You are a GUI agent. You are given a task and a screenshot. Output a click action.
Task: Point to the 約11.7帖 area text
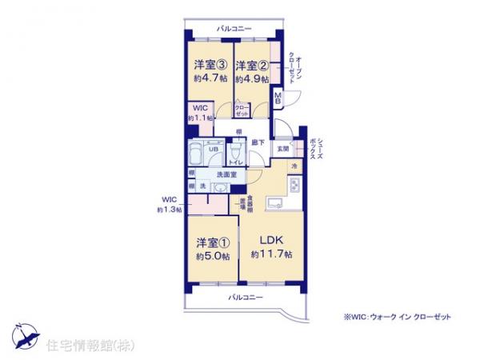point(271,254)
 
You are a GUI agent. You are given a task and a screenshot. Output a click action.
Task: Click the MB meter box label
point(278,98)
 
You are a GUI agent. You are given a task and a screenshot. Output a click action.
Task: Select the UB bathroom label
point(214,149)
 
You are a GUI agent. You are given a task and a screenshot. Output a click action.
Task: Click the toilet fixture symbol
point(235,151)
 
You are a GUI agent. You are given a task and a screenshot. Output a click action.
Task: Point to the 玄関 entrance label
point(283,149)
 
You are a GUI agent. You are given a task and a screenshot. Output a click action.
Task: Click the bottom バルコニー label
point(242,297)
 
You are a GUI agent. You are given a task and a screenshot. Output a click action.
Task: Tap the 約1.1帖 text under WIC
point(199,118)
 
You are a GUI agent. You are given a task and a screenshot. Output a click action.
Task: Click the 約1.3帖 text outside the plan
point(170,210)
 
